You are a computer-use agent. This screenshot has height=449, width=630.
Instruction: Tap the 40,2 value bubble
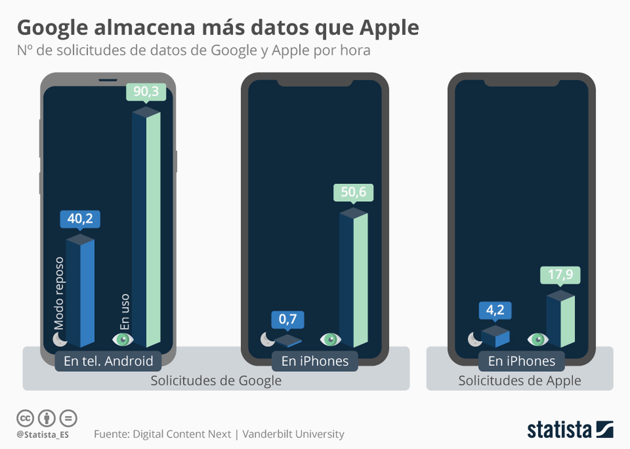pyautogui.click(x=80, y=219)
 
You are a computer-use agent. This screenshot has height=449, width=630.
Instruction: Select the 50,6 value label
pyautogui.click(x=353, y=192)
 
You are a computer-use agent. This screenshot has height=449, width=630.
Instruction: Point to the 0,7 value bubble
pyautogui.click(x=288, y=319)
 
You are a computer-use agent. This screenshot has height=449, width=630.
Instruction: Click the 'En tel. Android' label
pyautogui.click(x=108, y=361)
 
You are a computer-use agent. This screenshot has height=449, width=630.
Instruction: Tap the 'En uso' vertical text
pyautogui.click(x=125, y=312)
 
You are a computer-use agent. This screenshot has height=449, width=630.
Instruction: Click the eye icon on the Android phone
pyautogui.click(x=123, y=339)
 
